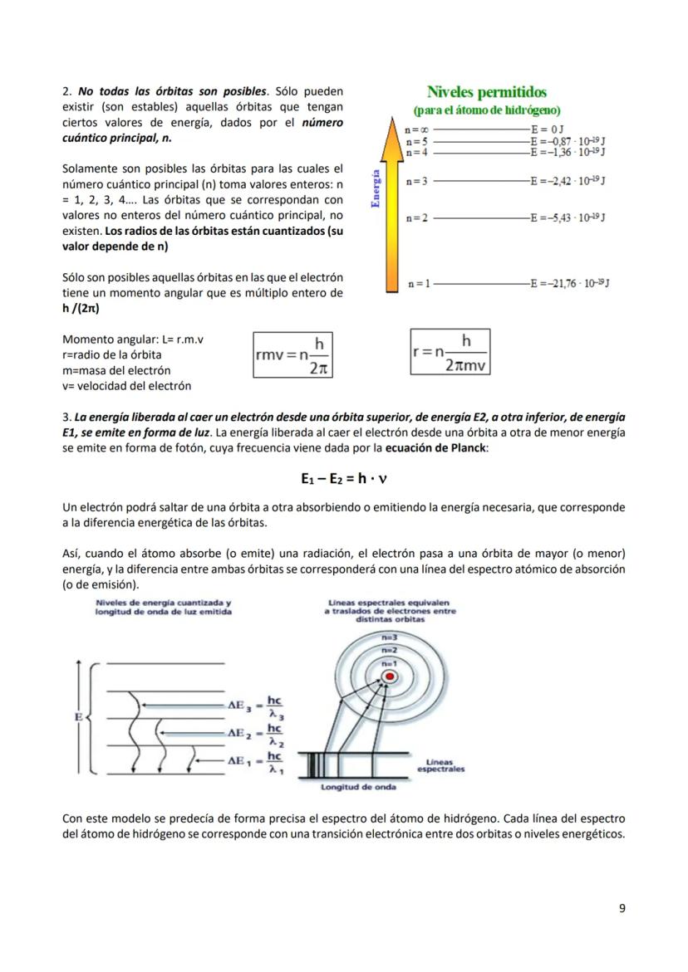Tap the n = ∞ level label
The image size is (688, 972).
point(416,130)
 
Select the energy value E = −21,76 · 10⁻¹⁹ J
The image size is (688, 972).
point(570,284)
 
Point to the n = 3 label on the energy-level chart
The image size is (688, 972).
point(417,181)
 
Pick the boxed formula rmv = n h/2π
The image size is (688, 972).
point(293,354)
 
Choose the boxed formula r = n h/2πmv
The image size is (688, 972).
point(450,352)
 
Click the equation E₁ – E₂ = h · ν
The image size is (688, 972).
point(344,479)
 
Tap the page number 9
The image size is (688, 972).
point(622,908)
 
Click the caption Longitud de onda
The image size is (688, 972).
point(358,787)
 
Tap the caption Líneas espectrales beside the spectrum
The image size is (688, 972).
point(440,765)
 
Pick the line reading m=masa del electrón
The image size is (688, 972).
point(116,370)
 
